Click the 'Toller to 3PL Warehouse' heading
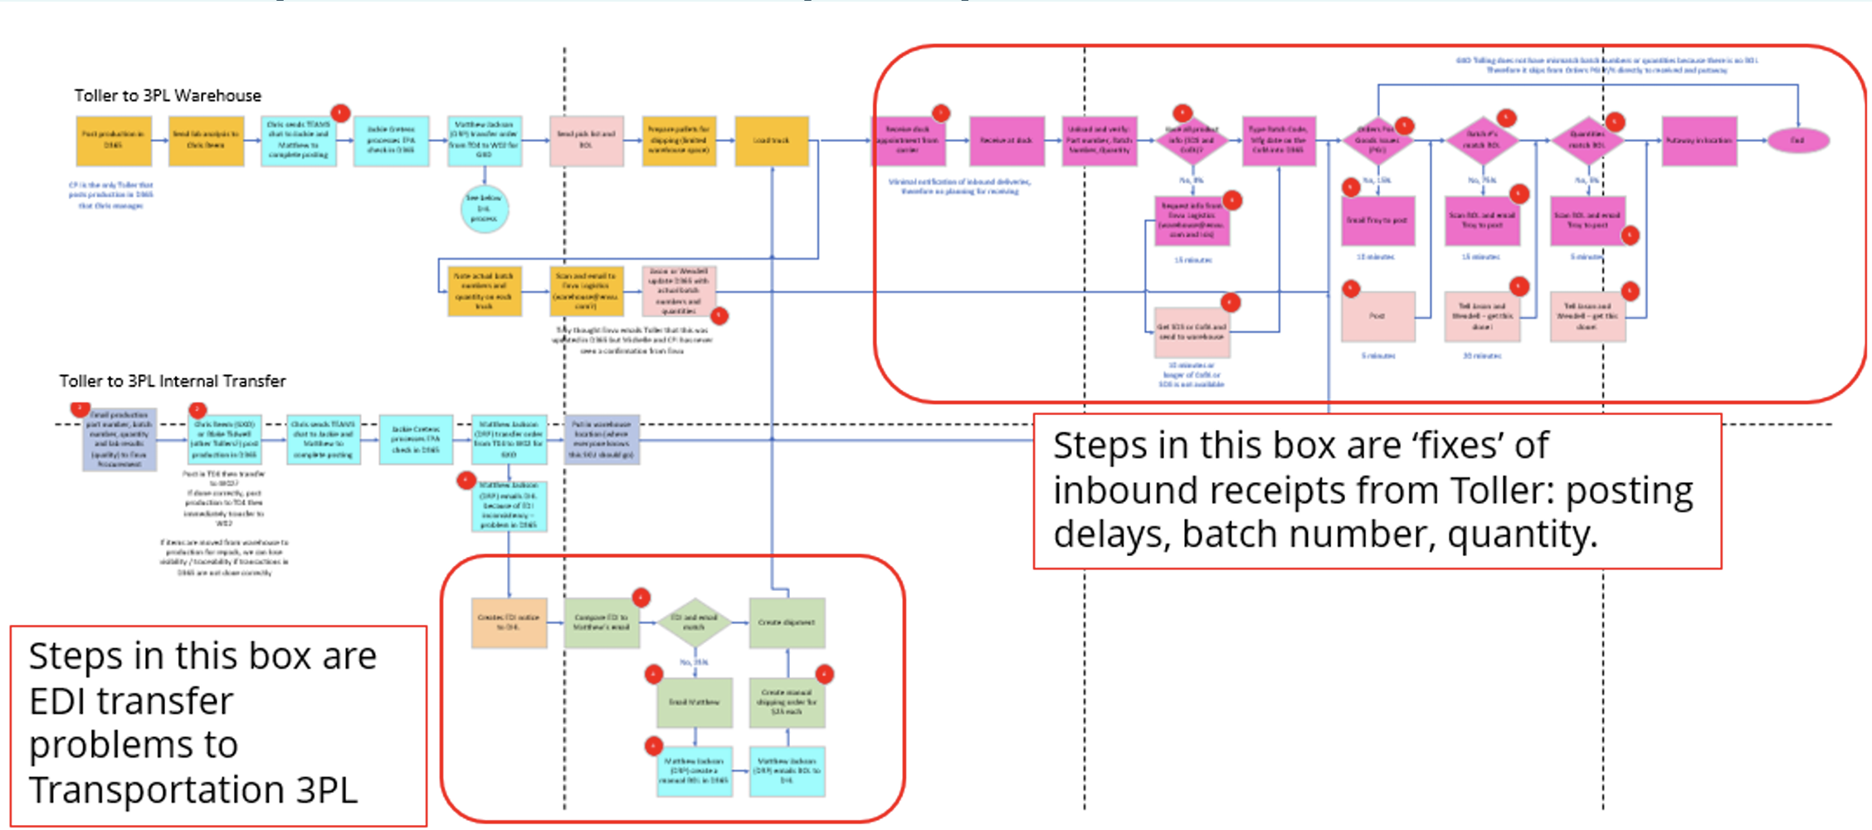(x=168, y=95)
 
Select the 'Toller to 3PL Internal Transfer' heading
(x=173, y=381)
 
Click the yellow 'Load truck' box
(x=772, y=141)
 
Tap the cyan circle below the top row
(x=485, y=208)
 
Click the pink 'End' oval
(x=1797, y=140)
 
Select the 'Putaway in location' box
(x=1699, y=141)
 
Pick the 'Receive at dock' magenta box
(x=1007, y=141)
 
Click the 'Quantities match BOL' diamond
(x=1587, y=140)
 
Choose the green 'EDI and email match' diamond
(x=695, y=622)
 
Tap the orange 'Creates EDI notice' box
(x=509, y=622)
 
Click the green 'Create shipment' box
(x=787, y=622)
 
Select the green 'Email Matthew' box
(x=695, y=702)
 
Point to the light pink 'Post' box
(x=1377, y=316)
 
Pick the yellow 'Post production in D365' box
(x=114, y=141)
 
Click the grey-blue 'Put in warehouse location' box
(x=602, y=439)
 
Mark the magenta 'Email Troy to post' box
(x=1377, y=221)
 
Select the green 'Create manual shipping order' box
(x=787, y=702)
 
